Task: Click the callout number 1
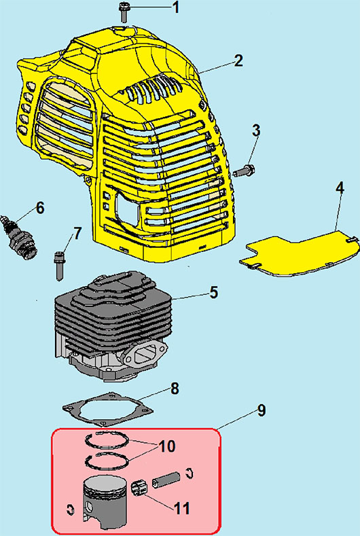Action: [175, 7]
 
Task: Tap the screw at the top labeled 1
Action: [124, 12]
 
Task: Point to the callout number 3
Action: [256, 131]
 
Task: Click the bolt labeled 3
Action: [245, 169]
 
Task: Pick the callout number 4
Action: [340, 188]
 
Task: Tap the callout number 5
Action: [214, 293]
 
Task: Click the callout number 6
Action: [40, 208]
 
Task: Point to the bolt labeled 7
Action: [59, 266]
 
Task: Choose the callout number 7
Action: [77, 234]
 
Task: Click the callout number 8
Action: [175, 389]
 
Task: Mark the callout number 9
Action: [261, 410]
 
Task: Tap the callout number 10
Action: [166, 446]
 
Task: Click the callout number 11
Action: [181, 508]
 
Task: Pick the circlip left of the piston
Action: [70, 510]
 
